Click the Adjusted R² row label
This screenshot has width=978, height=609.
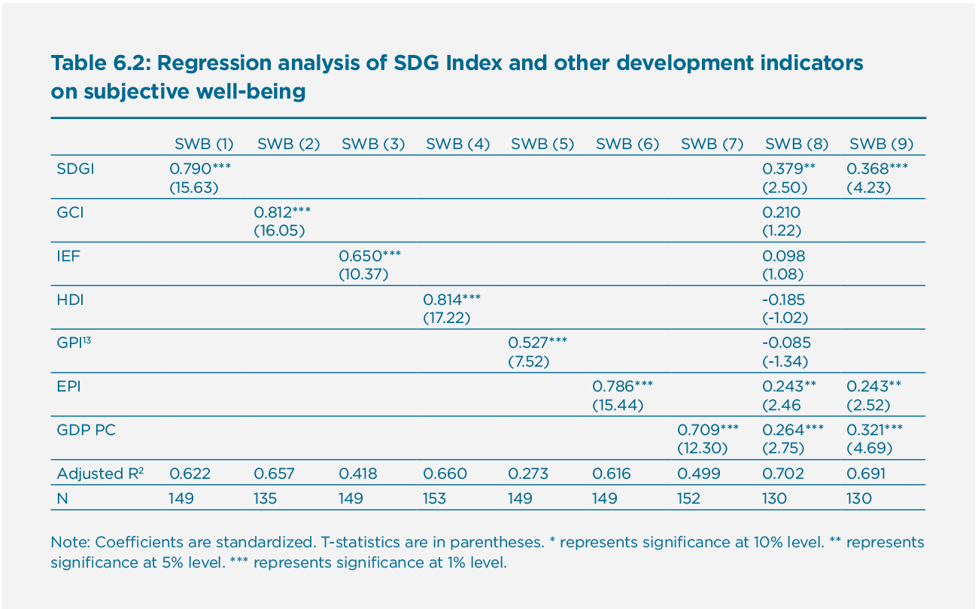pyautogui.click(x=100, y=473)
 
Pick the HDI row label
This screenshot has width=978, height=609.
pyautogui.click(x=70, y=300)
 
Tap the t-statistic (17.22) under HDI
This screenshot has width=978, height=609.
pyautogui.click(x=446, y=318)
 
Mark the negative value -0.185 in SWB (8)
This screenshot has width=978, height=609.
pyautogui.click(x=783, y=300)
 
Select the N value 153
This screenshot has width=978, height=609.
pyautogui.click(x=435, y=498)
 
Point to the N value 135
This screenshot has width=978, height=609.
pyautogui.click(x=266, y=498)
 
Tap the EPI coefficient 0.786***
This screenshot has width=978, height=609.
pyautogui.click(x=623, y=386)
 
